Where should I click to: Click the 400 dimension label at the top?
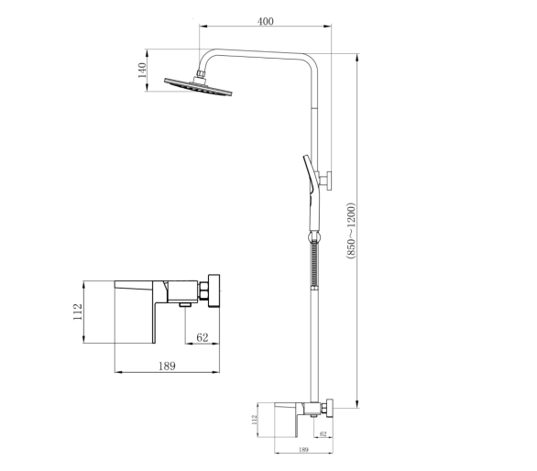click(x=266, y=21)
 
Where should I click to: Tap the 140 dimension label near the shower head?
click(x=142, y=71)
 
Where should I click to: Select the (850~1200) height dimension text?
click(x=351, y=231)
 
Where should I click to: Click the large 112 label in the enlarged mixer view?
click(x=78, y=312)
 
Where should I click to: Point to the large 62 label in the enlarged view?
click(x=203, y=337)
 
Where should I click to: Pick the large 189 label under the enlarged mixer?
click(x=167, y=366)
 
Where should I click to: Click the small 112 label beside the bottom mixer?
click(x=254, y=420)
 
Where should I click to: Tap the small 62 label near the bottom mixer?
click(x=323, y=433)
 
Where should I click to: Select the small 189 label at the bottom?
click(x=303, y=449)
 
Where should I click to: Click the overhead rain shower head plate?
click(x=198, y=87)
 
